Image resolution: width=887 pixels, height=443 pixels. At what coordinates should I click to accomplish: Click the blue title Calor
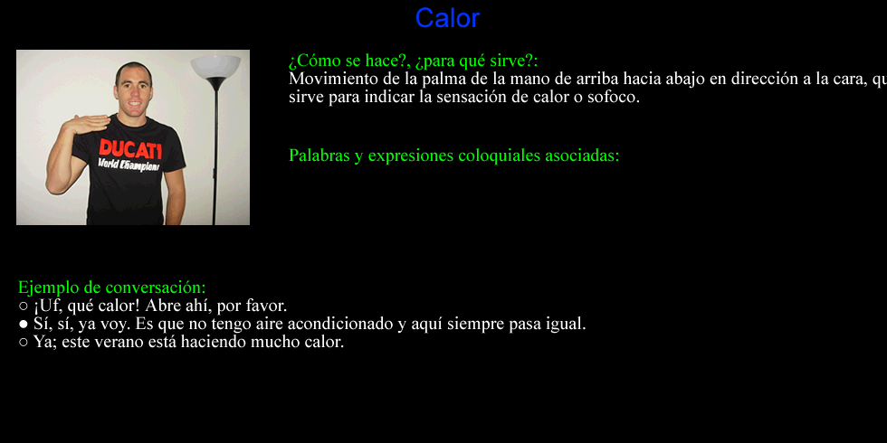[447, 18]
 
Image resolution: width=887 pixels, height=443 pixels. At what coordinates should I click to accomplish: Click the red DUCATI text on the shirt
[130, 148]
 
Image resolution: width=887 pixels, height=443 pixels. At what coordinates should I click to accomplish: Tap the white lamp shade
[215, 66]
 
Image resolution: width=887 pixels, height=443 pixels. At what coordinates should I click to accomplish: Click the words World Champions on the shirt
[129, 165]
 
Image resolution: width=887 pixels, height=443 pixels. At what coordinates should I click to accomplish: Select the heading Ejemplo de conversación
[112, 287]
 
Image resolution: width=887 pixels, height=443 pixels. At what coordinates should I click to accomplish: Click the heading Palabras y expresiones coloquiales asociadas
[454, 156]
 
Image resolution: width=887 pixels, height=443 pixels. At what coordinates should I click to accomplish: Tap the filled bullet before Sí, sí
[24, 325]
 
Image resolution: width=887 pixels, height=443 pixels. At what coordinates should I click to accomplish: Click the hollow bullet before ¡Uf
[24, 306]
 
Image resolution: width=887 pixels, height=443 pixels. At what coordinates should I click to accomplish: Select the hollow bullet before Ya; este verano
[24, 343]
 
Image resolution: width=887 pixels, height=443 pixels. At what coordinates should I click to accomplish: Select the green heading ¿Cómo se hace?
[348, 61]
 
